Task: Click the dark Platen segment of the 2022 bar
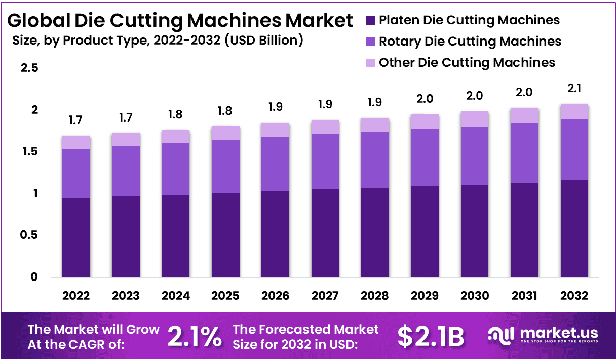coord(76,238)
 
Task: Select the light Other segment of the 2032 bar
coord(574,112)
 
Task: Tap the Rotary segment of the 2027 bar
coord(325,162)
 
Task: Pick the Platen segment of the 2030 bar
coord(475,231)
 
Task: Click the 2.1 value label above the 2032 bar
coord(574,88)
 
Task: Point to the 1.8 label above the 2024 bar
coord(176,114)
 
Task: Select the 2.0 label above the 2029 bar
coord(425,99)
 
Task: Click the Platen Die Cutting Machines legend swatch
coord(370,21)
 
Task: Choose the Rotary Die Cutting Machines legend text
coord(470,41)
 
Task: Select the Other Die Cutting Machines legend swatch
coord(370,63)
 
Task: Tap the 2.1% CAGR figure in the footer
coord(194,336)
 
